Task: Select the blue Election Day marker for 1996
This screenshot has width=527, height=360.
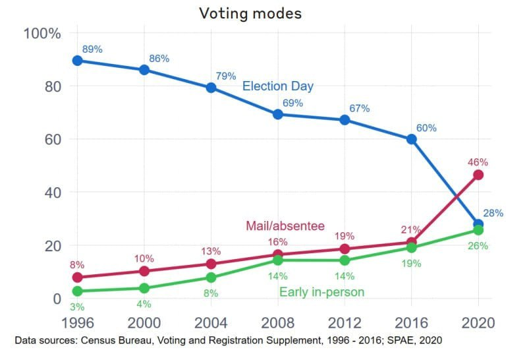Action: [x=78, y=61]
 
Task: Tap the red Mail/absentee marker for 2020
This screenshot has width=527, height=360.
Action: [x=478, y=175]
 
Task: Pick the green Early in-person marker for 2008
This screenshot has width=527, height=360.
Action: [x=278, y=260]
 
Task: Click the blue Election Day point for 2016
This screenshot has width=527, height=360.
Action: [x=412, y=139]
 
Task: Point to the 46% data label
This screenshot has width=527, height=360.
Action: [x=478, y=162]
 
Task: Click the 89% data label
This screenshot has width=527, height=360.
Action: [x=92, y=49]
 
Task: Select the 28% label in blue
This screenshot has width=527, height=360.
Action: [x=493, y=213]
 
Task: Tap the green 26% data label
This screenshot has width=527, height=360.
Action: [x=478, y=246]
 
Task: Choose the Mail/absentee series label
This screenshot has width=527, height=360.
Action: [x=285, y=226]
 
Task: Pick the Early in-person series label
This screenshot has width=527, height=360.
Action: [x=321, y=292]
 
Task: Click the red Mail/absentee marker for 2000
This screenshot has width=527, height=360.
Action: [x=144, y=271]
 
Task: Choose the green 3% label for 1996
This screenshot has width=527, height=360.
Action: [x=77, y=307]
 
